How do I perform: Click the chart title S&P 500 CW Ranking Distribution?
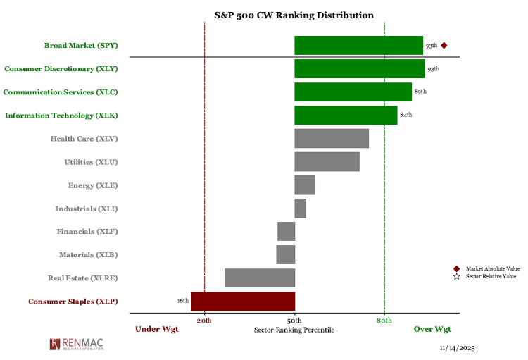pyautogui.click(x=294, y=15)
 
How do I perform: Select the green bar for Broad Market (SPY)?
pyautogui.click(x=358, y=46)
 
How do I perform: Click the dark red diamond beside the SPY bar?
pyautogui.click(x=444, y=46)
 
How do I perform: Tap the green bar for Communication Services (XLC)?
pyautogui.click(x=353, y=92)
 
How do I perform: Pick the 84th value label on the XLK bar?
pyautogui.click(x=406, y=115)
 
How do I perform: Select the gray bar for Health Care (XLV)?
pyautogui.click(x=332, y=138)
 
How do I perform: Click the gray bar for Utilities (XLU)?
pyautogui.click(x=327, y=161)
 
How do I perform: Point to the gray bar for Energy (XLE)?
pyautogui.click(x=305, y=185)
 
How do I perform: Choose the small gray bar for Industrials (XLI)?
pyautogui.click(x=300, y=209)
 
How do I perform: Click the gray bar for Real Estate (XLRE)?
pyautogui.click(x=260, y=278)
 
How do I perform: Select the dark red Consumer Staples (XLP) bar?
pyautogui.click(x=243, y=302)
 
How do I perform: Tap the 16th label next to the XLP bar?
pyautogui.click(x=183, y=301)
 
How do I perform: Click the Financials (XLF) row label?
pyautogui.click(x=87, y=231)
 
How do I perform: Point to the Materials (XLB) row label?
pyautogui.click(x=88, y=254)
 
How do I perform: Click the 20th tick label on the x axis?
pyautogui.click(x=204, y=321)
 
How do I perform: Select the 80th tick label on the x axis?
pyautogui.click(x=384, y=321)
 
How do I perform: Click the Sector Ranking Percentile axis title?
pyautogui.click(x=294, y=330)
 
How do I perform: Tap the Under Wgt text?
pyautogui.click(x=157, y=329)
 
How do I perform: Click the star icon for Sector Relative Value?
pyautogui.click(x=456, y=276)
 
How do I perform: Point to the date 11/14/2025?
pyautogui.click(x=458, y=348)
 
